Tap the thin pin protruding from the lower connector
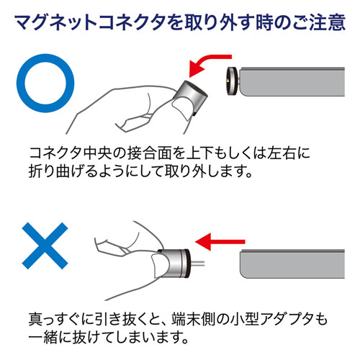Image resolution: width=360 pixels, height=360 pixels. pyautogui.click(x=197, y=264)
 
